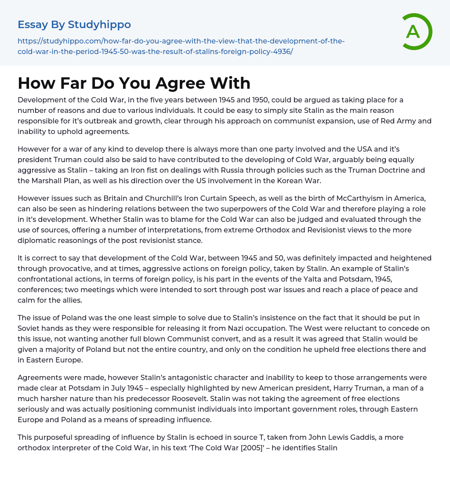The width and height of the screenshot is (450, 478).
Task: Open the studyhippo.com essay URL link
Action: [x=181, y=46]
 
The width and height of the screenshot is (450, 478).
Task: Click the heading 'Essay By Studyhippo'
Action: [x=74, y=24]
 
